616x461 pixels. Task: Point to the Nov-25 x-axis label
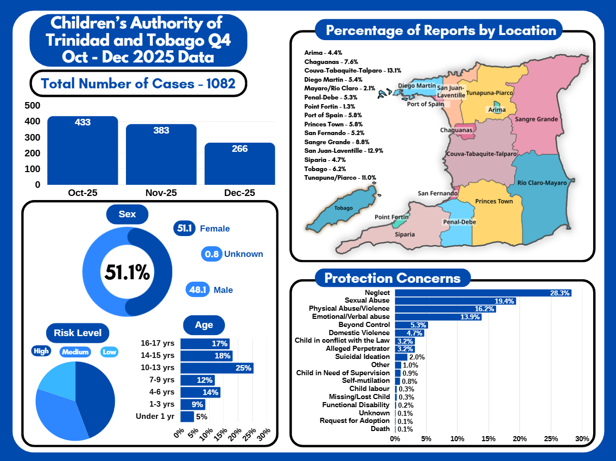161,193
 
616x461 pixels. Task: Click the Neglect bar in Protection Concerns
483,293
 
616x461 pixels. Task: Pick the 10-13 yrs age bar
216,368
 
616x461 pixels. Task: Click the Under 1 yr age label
155,416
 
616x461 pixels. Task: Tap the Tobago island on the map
343,210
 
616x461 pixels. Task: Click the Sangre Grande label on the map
536,119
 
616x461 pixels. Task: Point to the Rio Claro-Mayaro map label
541,183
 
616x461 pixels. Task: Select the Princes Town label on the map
494,202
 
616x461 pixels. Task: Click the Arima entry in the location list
323,53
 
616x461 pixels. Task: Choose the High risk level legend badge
42,351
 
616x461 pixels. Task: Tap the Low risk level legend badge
109,351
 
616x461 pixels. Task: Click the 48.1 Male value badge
198,290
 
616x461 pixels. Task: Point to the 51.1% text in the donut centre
127,273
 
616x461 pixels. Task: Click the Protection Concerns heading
392,278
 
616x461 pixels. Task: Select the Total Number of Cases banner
138,83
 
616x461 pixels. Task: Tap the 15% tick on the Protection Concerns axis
489,439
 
